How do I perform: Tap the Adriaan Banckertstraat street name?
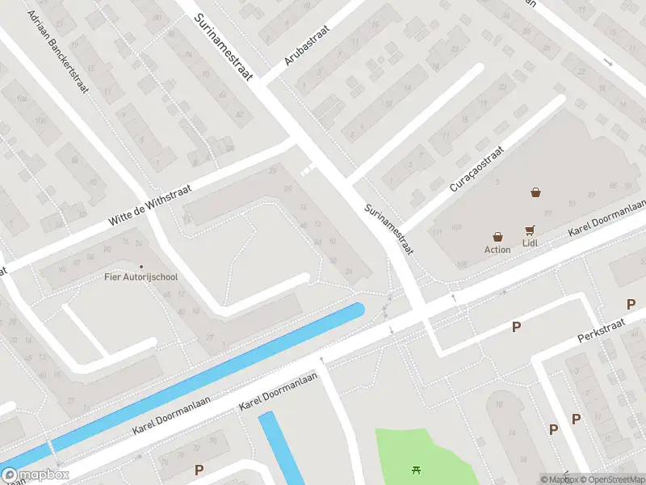[57, 50]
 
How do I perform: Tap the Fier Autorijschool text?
[141, 277]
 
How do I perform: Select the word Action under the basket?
[497, 249]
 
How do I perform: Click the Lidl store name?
[530, 242]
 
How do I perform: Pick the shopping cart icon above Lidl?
[531, 230]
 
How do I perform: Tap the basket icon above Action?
[497, 237]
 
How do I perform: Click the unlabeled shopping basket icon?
[535, 192]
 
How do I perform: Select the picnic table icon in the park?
[417, 469]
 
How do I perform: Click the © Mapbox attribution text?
[558, 479]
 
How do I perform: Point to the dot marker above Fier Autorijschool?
[141, 267]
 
